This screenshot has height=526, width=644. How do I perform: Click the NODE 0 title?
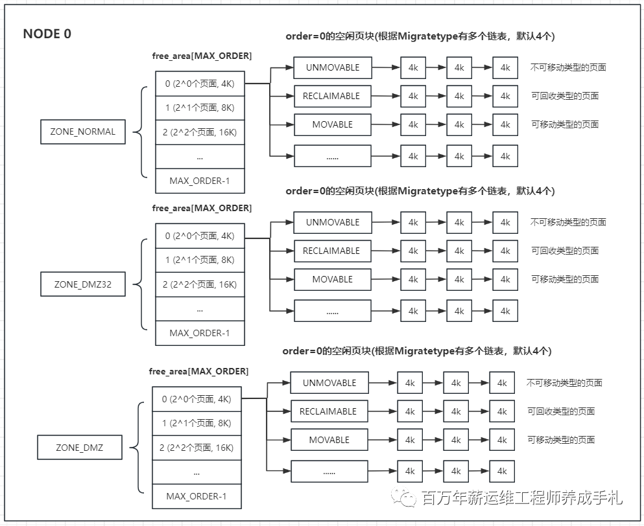tap(47, 34)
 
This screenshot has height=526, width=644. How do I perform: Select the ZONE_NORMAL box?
tap(82, 131)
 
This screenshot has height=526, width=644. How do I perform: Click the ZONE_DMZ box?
tap(79, 448)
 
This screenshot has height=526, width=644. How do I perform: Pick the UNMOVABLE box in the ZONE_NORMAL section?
tap(332, 67)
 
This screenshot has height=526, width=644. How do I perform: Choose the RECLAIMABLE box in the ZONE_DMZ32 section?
tap(332, 251)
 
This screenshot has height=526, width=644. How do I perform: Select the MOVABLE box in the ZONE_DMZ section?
tap(329, 440)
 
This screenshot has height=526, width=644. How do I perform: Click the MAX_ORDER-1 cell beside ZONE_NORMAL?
tap(200, 181)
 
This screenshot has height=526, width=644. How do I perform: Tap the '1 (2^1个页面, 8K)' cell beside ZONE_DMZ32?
tap(200, 260)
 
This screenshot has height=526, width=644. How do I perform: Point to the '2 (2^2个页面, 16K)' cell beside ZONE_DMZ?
tap(197, 448)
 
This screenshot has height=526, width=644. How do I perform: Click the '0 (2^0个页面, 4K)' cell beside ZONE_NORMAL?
tap(200, 83)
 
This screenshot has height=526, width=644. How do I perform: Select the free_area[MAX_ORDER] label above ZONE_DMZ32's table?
tap(202, 208)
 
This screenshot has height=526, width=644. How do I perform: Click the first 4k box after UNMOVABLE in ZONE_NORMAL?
tap(413, 67)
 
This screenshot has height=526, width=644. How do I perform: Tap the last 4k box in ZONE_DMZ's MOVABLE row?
tap(501, 440)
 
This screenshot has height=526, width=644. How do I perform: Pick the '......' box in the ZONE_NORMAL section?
tap(332, 156)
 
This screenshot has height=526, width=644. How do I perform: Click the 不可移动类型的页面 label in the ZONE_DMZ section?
tap(564, 383)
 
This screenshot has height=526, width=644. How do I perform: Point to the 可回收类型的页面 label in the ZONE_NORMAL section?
tap(564, 96)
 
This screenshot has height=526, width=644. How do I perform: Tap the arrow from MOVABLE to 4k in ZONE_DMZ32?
tap(386, 279)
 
